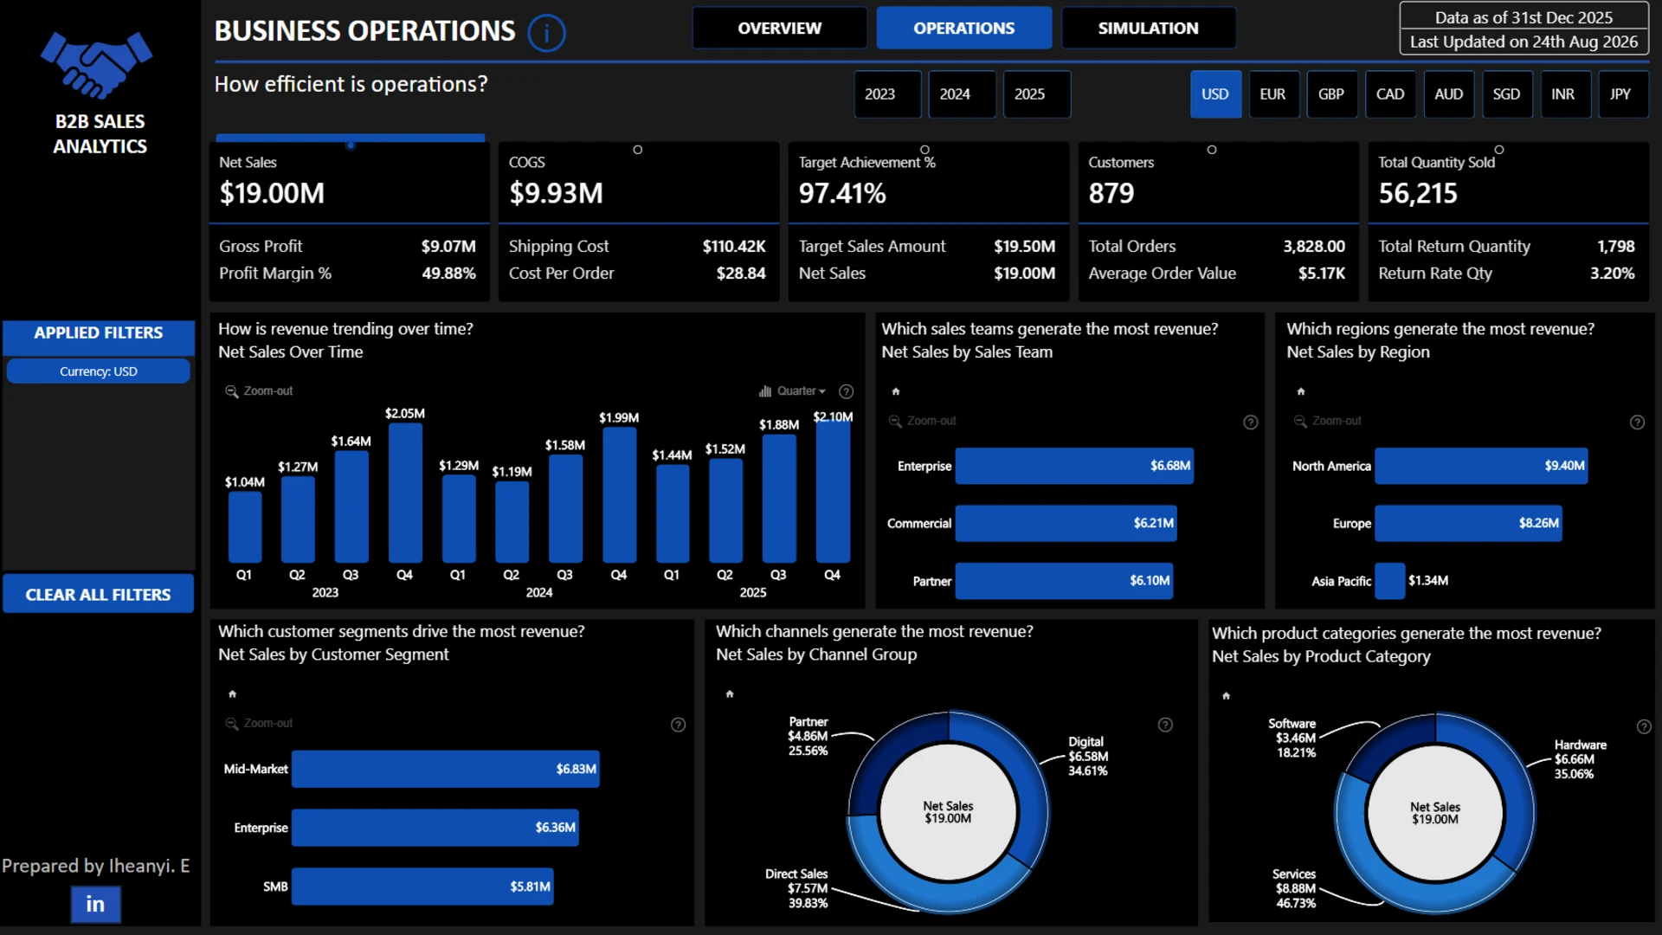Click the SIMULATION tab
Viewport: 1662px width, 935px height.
pyautogui.click(x=1148, y=28)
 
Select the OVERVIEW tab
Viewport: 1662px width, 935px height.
pyautogui.click(x=779, y=28)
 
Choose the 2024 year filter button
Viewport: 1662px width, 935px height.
pyautogui.click(x=955, y=93)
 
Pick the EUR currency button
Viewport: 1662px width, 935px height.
pyautogui.click(x=1272, y=93)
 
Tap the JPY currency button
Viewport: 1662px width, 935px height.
pyautogui.click(x=1620, y=93)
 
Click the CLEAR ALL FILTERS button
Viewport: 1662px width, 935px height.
pyautogui.click(x=98, y=594)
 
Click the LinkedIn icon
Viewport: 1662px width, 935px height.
pyautogui.click(x=95, y=904)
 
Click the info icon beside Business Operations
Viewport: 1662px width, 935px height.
pyautogui.click(x=546, y=33)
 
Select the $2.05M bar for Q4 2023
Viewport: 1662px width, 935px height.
pyautogui.click(x=405, y=493)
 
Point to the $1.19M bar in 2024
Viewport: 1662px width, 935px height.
pyautogui.click(x=512, y=522)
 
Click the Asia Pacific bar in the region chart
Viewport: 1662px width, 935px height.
pyautogui.click(x=1389, y=581)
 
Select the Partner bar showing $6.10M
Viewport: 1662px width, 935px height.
pyautogui.click(x=1064, y=581)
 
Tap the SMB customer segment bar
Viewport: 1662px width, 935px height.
pyautogui.click(x=422, y=887)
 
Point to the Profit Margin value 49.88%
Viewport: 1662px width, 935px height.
pyautogui.click(x=448, y=273)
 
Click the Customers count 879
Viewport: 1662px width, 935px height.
pyautogui.click(x=1111, y=193)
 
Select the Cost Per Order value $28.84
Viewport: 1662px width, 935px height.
pyautogui.click(x=741, y=273)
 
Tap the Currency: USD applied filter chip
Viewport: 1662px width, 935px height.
pyautogui.click(x=98, y=371)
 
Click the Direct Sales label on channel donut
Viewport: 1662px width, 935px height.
pyautogui.click(x=796, y=874)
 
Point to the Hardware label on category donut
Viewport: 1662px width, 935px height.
pyautogui.click(x=1580, y=745)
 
